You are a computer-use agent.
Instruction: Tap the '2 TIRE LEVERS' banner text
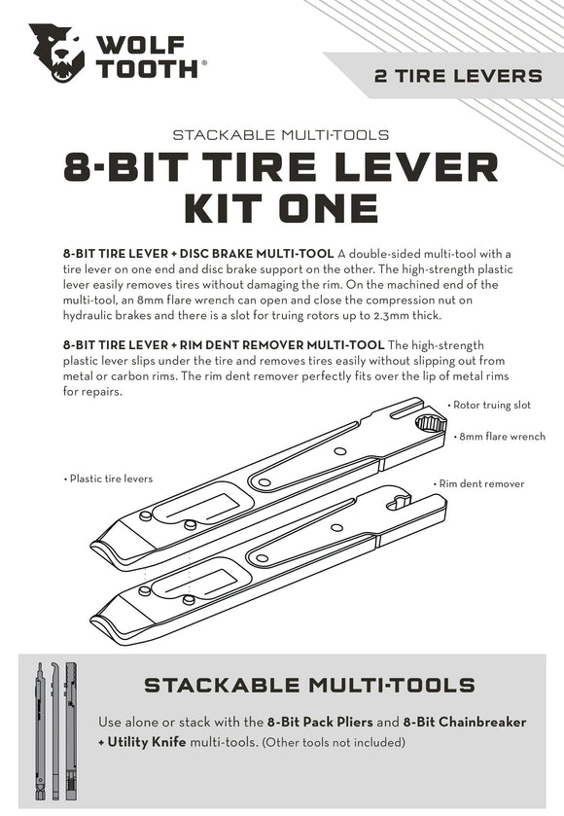point(458,76)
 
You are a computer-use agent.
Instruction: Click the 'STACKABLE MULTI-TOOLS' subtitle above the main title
point(281,134)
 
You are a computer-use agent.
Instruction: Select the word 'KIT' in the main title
point(230,206)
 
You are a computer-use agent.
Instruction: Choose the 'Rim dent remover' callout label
point(481,483)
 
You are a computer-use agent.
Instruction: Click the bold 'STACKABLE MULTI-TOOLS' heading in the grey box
point(309,685)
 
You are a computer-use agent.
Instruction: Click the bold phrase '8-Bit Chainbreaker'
point(464,723)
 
